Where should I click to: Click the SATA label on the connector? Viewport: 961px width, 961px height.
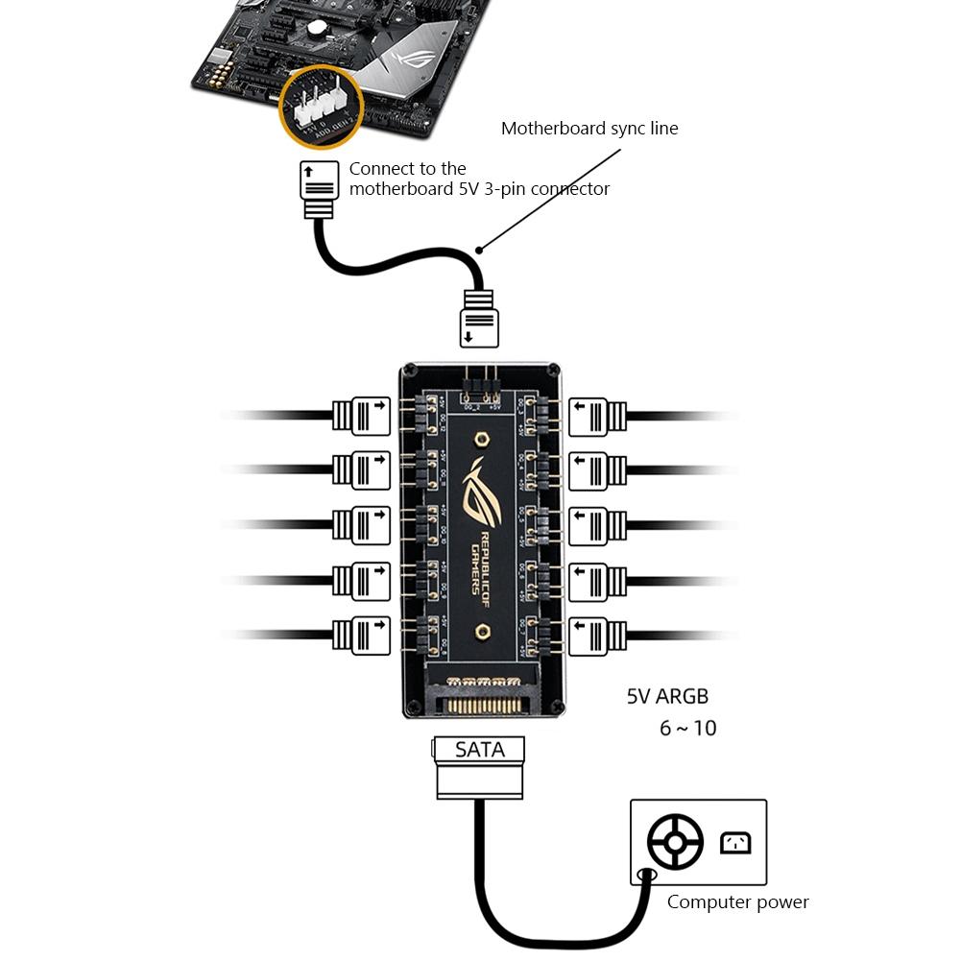pyautogui.click(x=479, y=749)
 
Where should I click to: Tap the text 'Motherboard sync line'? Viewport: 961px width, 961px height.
pyautogui.click(x=589, y=129)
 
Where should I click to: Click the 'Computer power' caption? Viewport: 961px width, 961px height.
pyautogui.click(x=737, y=901)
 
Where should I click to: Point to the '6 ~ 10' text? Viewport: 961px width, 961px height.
pyautogui.click(x=687, y=728)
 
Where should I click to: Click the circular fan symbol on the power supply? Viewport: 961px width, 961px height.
pyautogui.click(x=675, y=843)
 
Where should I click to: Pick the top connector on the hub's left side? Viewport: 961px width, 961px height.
pyautogui.click(x=361, y=415)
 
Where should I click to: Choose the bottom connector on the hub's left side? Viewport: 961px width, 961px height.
pyautogui.click(x=361, y=636)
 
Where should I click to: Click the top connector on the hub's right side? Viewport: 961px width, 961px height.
pyautogui.click(x=598, y=415)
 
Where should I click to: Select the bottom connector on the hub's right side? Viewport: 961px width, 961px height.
pyautogui.click(x=598, y=636)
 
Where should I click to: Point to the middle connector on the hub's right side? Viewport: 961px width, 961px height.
pyautogui.click(x=598, y=525)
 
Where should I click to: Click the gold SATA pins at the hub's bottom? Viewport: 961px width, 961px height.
pyautogui.click(x=479, y=700)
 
